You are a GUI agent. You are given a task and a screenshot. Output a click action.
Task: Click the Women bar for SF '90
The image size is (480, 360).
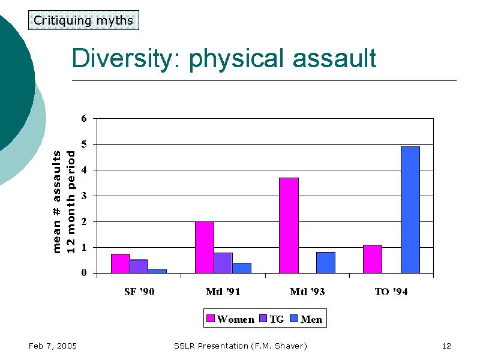tap(121, 263)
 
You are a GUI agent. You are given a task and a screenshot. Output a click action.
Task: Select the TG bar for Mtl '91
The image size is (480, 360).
tap(223, 263)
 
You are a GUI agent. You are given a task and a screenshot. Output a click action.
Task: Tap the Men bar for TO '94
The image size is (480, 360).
tap(410, 210)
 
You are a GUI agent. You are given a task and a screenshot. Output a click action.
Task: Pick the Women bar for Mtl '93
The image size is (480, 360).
tap(289, 226)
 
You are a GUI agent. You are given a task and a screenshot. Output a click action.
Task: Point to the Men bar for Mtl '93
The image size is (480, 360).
tap(325, 263)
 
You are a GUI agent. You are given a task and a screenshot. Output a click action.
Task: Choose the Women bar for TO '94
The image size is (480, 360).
tap(373, 259)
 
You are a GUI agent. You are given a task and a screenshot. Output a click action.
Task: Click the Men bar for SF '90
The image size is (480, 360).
tap(157, 271)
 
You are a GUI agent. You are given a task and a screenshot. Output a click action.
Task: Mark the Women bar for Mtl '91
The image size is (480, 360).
tap(205, 247)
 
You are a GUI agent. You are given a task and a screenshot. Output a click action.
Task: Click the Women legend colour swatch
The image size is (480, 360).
tap(211, 319)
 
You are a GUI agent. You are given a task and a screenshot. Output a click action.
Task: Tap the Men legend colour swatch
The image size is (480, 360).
tap(293, 319)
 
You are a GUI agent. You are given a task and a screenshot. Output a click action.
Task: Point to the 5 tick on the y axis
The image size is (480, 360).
tap(84, 144)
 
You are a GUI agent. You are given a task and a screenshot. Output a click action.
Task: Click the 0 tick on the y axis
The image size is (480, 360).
tap(84, 273)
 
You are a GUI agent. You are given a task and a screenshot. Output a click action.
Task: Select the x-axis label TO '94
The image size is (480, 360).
tap(391, 292)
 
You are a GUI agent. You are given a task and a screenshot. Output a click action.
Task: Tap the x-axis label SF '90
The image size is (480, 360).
tap(139, 292)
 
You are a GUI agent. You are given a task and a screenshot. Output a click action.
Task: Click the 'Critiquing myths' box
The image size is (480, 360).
tap(83, 20)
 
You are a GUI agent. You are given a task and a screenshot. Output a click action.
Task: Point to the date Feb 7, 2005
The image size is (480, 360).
tap(52, 346)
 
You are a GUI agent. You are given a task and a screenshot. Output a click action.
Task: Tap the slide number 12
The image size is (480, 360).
tap(446, 346)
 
